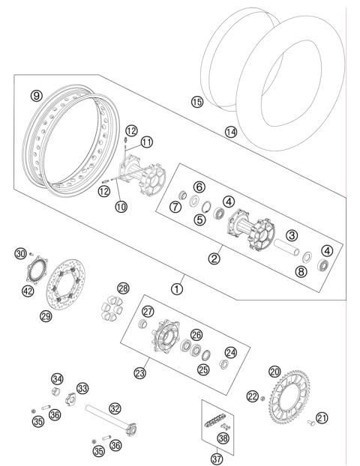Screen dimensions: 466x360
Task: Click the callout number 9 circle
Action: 34,95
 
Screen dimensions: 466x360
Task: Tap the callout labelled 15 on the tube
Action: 197,102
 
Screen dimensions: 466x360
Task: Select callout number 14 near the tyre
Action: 230,132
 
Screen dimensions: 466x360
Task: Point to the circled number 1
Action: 178,287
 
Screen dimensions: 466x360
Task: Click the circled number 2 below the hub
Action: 214,258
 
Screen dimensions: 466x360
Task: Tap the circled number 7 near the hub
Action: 174,207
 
